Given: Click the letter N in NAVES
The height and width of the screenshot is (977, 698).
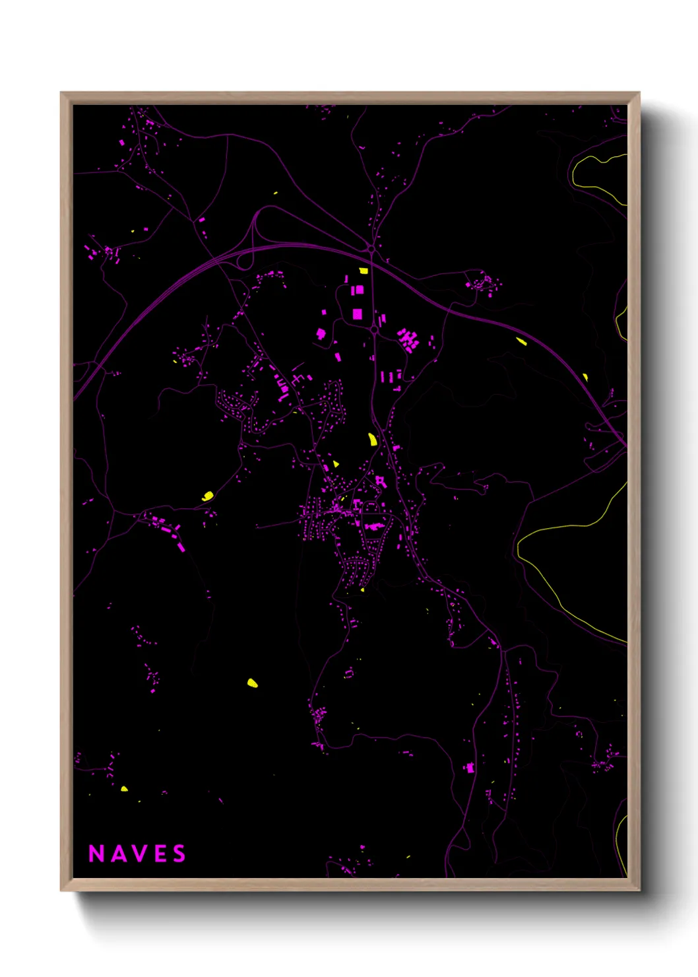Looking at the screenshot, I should point(96,854).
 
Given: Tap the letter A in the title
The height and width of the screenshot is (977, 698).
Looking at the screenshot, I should point(117,854).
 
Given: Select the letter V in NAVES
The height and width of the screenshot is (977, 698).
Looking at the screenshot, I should point(139,854).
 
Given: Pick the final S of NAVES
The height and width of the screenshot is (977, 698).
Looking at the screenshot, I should point(179,854).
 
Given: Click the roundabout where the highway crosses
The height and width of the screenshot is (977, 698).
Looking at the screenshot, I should point(371,249).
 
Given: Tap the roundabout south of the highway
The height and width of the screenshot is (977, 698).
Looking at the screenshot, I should point(374,329).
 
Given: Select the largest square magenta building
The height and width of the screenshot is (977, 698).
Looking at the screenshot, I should point(357,314).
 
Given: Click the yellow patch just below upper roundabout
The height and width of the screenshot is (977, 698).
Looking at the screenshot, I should point(363,271).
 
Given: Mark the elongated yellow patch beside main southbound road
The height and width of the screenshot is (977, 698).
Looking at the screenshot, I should point(372,439).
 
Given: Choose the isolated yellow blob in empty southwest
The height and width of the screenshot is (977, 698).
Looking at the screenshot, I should point(252,683).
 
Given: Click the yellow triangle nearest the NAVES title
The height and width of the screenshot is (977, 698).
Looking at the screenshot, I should point(124,788).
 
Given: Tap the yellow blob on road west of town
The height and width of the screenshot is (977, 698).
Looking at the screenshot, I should point(208,495).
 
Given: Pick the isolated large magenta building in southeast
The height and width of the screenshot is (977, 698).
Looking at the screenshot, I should point(470,767).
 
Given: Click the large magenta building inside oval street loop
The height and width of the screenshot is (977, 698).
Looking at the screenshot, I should point(373,526).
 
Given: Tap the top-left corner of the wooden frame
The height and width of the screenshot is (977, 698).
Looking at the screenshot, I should point(61,93).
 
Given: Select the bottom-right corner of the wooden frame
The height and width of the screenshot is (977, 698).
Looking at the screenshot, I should point(639,890).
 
